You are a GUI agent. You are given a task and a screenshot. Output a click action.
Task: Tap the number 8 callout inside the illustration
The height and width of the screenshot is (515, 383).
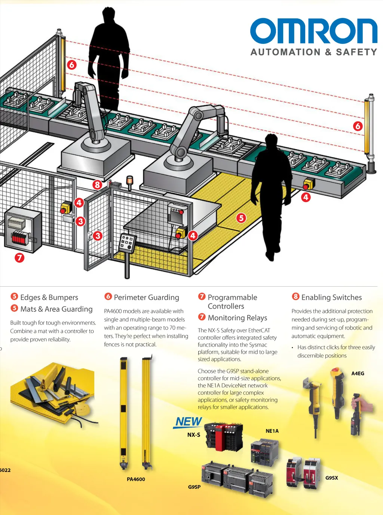(97, 185)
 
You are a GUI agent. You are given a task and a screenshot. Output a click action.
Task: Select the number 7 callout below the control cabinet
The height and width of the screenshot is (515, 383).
(19, 257)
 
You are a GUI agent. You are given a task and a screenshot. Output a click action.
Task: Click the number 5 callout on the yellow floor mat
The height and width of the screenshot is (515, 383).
(241, 217)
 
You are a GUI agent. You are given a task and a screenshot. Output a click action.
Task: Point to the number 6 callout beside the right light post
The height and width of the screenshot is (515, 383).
(358, 126)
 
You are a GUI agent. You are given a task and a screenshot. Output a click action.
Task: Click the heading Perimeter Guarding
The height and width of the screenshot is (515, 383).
(146, 297)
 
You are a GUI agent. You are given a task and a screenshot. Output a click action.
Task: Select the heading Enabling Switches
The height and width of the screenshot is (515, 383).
(331, 297)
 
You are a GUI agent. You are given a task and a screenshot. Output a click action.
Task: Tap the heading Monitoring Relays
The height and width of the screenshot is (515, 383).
(237, 318)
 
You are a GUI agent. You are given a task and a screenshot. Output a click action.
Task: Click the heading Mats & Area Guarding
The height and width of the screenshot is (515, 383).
(56, 309)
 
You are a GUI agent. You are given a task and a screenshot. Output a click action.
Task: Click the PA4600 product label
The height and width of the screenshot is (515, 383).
(136, 479)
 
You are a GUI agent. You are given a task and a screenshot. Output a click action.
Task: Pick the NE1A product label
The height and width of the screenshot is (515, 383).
(272, 431)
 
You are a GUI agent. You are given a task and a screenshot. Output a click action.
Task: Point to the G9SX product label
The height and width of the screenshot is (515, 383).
(331, 478)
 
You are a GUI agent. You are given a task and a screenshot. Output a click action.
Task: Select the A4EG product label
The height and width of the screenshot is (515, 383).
(358, 373)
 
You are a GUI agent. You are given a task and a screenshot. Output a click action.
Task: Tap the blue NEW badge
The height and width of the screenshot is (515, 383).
(189, 422)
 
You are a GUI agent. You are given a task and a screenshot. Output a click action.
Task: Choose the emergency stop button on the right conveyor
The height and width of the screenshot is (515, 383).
(308, 184)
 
